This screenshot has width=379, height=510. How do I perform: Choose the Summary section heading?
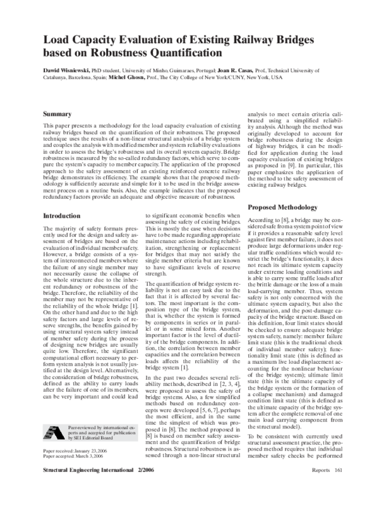pyautogui.click(x=59, y=114)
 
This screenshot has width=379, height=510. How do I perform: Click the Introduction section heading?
pyautogui.click(x=64, y=216)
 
